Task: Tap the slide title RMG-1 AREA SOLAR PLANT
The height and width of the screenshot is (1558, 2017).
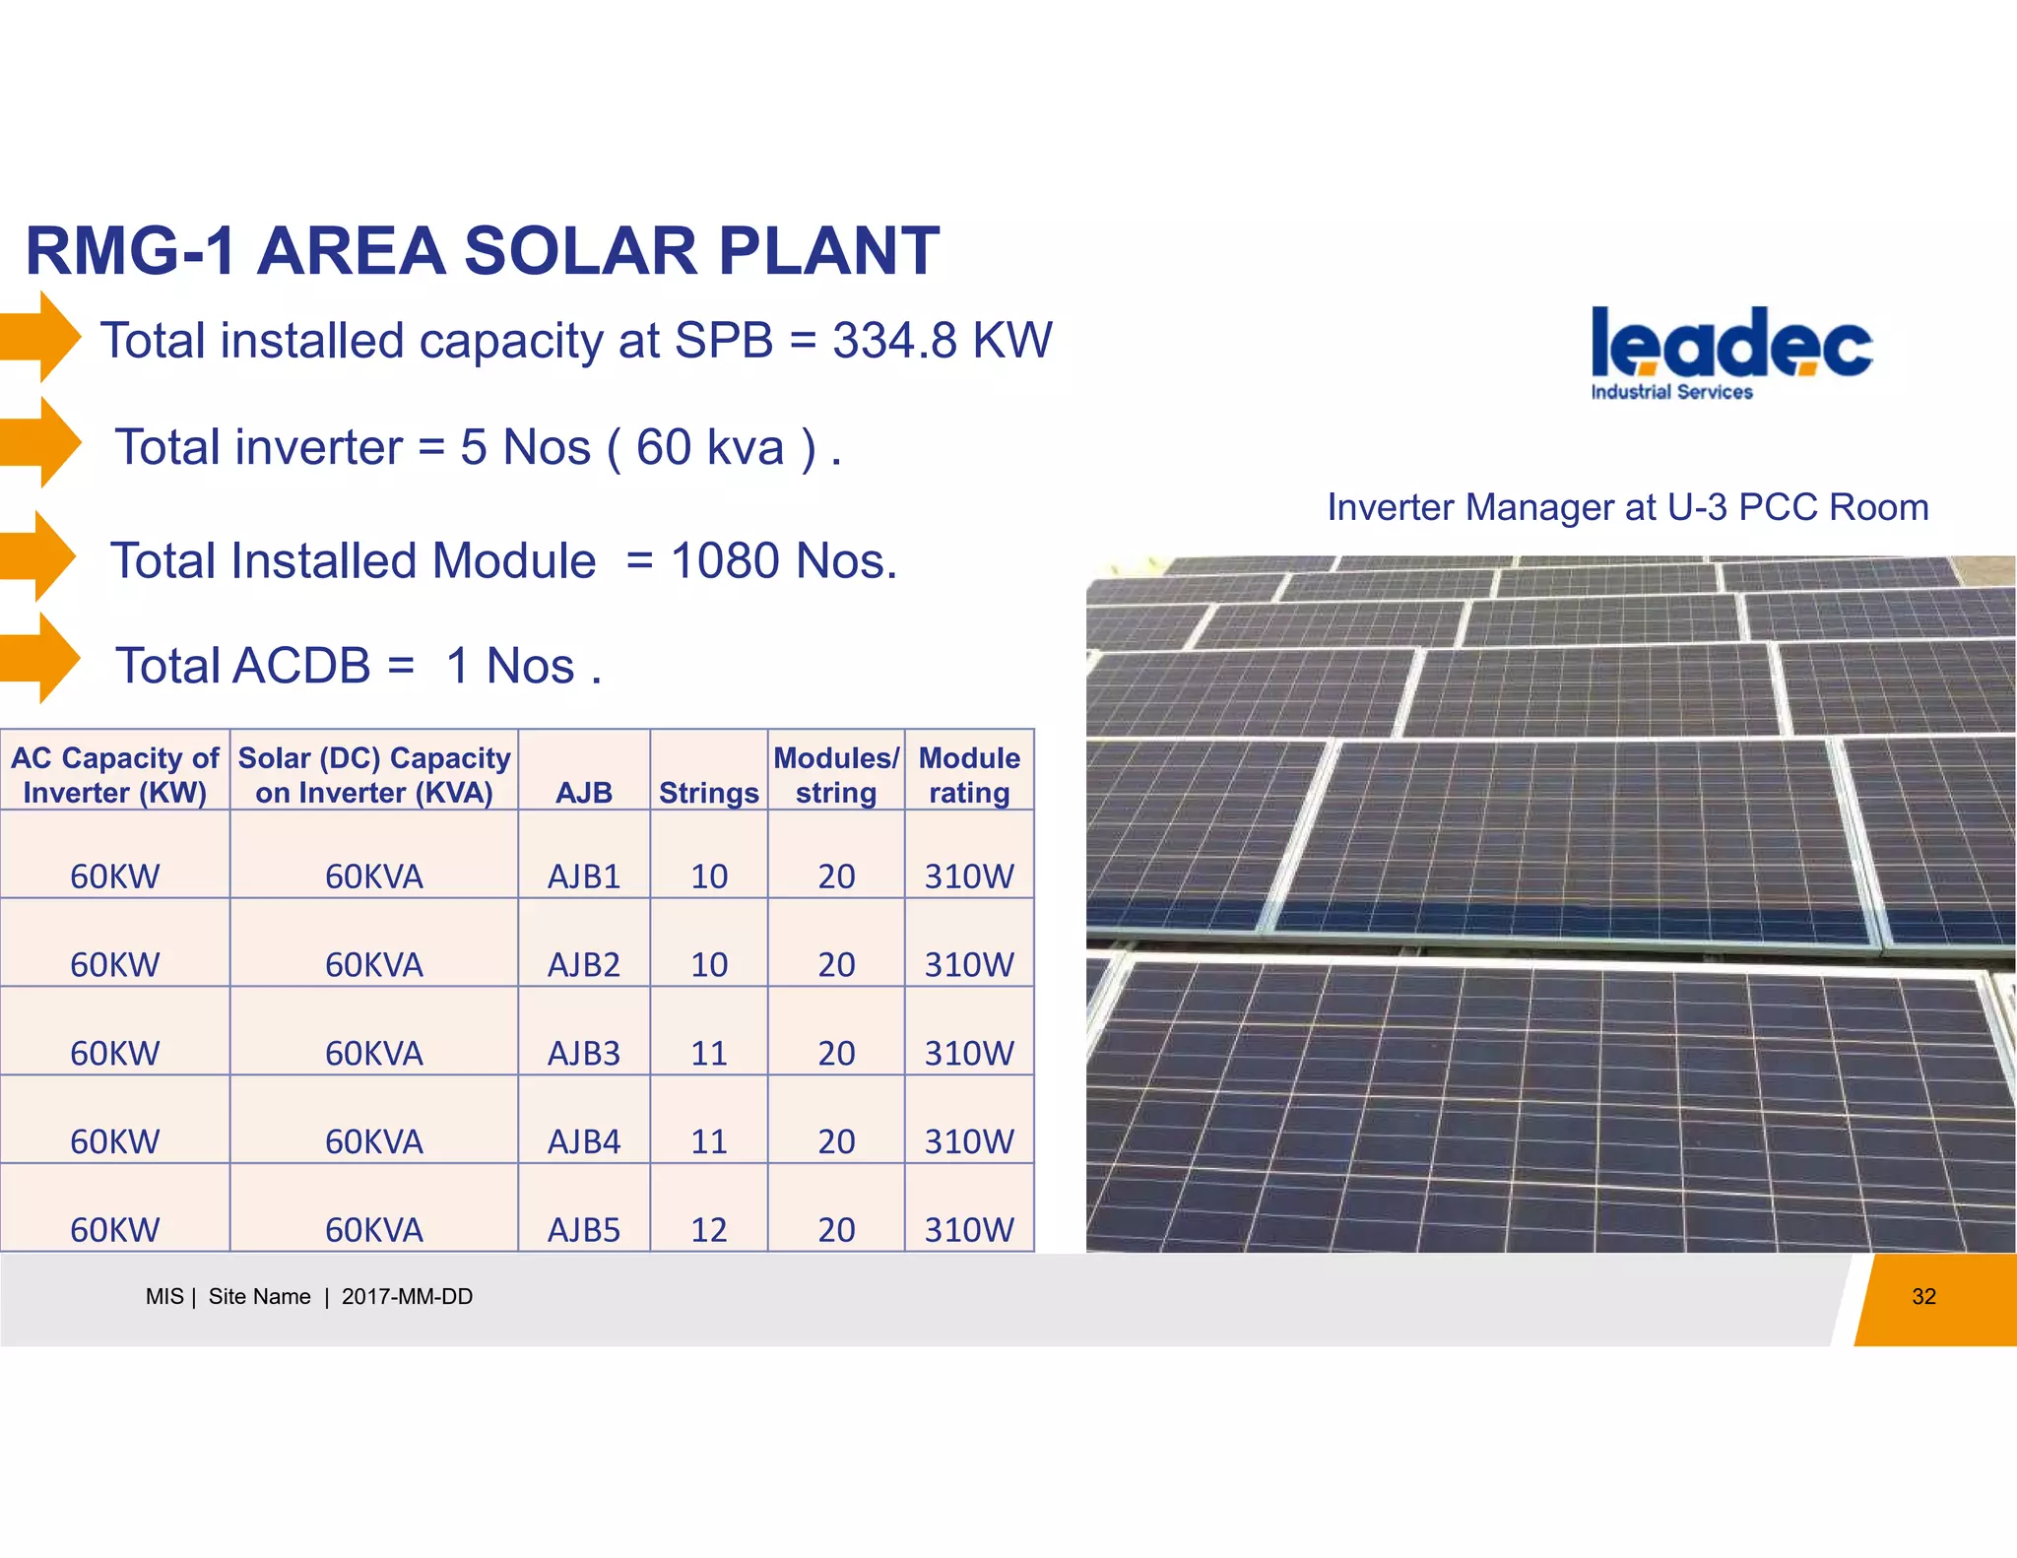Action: point(483,250)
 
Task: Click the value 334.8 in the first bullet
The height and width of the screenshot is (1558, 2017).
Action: point(894,341)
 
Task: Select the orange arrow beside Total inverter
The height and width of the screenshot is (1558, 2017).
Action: point(41,442)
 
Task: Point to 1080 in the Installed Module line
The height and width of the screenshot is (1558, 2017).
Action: point(726,561)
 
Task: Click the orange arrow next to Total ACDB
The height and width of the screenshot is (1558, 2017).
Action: point(41,658)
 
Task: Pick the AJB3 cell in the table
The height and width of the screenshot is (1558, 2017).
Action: point(583,1053)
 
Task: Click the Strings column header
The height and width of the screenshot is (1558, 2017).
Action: point(708,793)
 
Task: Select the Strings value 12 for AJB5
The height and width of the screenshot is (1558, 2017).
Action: point(708,1229)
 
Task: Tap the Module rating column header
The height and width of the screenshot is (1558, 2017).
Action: point(968,775)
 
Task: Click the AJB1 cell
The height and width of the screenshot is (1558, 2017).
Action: point(583,876)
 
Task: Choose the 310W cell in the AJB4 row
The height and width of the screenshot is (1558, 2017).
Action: point(968,1141)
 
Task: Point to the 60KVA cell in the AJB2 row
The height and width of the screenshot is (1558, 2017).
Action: point(373,964)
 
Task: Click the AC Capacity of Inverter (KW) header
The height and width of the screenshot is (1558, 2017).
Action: point(114,775)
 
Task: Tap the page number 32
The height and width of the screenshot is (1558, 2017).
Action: point(1922,1297)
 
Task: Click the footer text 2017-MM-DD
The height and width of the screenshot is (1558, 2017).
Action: point(407,1297)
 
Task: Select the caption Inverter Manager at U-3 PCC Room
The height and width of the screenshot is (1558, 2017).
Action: point(1627,507)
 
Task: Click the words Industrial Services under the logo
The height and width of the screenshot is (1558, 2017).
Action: point(1671,392)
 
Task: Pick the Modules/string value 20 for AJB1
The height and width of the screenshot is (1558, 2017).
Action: point(835,876)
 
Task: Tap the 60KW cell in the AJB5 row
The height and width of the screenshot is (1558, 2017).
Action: point(114,1229)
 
